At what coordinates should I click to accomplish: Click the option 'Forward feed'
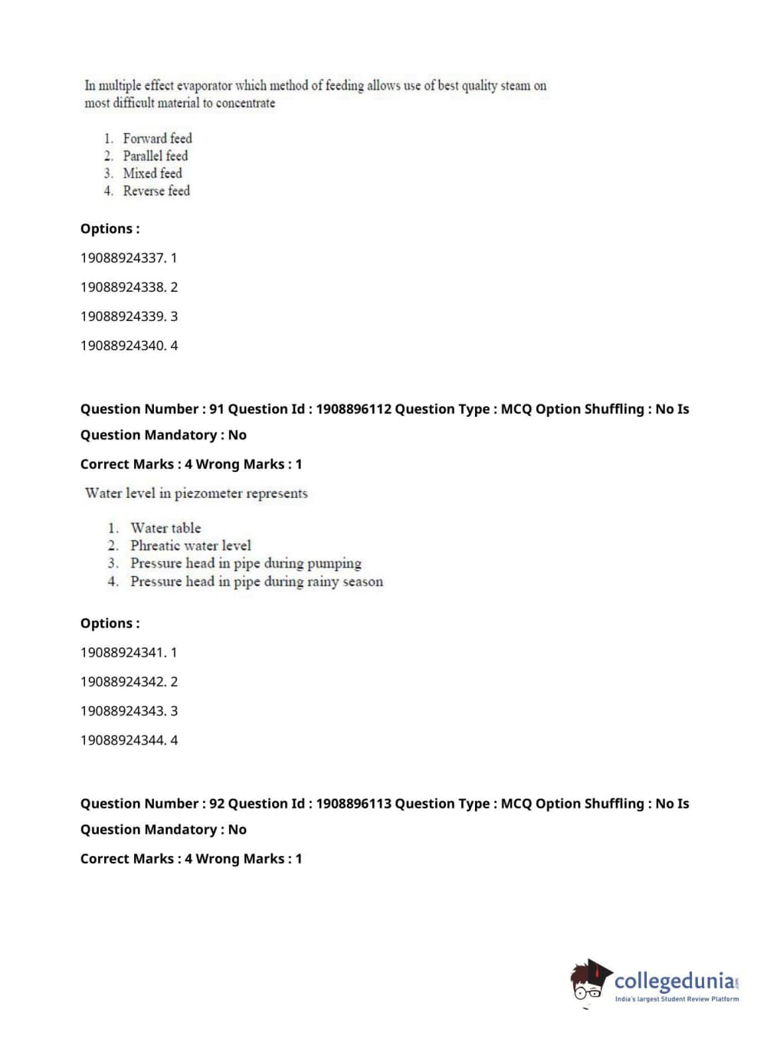point(157,139)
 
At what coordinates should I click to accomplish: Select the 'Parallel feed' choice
point(155,156)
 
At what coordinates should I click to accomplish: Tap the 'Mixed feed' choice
point(152,174)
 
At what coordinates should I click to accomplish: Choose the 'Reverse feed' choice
point(156,192)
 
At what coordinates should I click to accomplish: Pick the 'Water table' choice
point(166,528)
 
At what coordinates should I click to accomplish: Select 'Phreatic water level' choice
point(190,546)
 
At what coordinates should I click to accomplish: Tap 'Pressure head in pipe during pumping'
point(245,563)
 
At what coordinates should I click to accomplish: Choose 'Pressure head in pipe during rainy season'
point(256,582)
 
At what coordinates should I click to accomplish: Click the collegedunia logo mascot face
point(588,983)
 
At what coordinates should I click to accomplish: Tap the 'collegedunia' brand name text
point(674,981)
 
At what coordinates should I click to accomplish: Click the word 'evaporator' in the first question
point(205,86)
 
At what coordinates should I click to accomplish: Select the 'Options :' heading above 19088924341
point(110,624)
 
